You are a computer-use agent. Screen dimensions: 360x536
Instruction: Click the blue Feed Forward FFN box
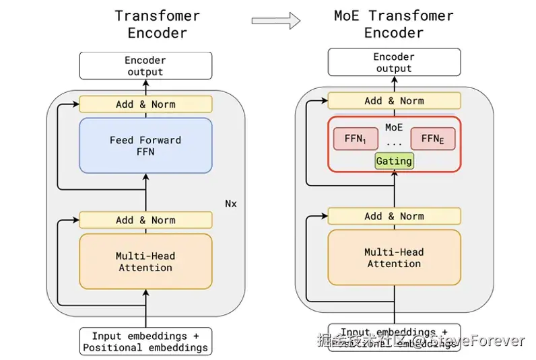point(145,145)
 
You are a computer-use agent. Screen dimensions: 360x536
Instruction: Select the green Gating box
point(394,161)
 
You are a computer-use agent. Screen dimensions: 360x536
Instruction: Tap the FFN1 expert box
point(356,139)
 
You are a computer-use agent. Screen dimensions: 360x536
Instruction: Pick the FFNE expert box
point(432,139)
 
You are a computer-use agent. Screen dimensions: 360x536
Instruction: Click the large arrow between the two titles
point(276,22)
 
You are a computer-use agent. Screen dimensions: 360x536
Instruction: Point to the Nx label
point(231,203)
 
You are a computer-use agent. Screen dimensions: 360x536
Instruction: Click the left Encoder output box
point(145,65)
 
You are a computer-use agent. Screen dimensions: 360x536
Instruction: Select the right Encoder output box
point(394,62)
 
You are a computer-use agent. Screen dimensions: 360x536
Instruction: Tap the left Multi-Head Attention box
point(145,262)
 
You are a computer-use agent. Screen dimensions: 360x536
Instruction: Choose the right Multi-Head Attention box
point(394,258)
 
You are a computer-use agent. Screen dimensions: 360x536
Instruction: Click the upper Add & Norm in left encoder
point(145,104)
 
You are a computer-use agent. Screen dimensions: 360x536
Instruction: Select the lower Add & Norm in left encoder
point(145,220)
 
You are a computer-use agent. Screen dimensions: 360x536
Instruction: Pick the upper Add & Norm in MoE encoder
point(394,101)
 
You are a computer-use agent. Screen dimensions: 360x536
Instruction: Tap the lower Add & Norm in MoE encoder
point(394,216)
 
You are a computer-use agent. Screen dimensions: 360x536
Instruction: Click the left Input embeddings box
point(145,341)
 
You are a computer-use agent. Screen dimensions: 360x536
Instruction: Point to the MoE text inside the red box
point(394,127)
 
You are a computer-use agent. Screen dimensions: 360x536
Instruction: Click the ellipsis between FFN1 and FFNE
point(394,143)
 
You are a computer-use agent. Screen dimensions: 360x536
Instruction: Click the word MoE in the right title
point(347,15)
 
